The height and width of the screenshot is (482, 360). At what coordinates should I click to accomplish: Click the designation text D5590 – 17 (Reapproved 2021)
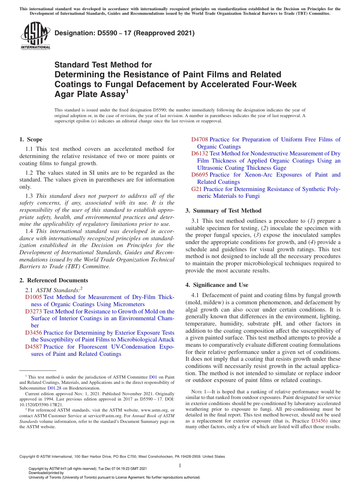tap(125, 33)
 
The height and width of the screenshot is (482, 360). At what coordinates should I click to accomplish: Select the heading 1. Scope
tap(31, 139)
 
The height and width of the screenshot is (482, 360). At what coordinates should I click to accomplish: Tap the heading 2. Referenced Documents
tap(54, 280)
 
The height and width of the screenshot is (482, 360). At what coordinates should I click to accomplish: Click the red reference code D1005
tap(33, 297)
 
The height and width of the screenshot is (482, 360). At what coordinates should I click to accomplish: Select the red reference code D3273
tap(33, 311)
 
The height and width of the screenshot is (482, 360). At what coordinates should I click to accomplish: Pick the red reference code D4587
tap(33, 347)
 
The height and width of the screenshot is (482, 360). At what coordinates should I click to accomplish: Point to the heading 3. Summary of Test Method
tap(224, 211)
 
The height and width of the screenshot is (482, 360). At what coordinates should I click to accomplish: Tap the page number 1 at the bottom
tap(180, 465)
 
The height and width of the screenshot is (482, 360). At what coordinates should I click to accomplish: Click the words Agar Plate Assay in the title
tap(90, 94)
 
